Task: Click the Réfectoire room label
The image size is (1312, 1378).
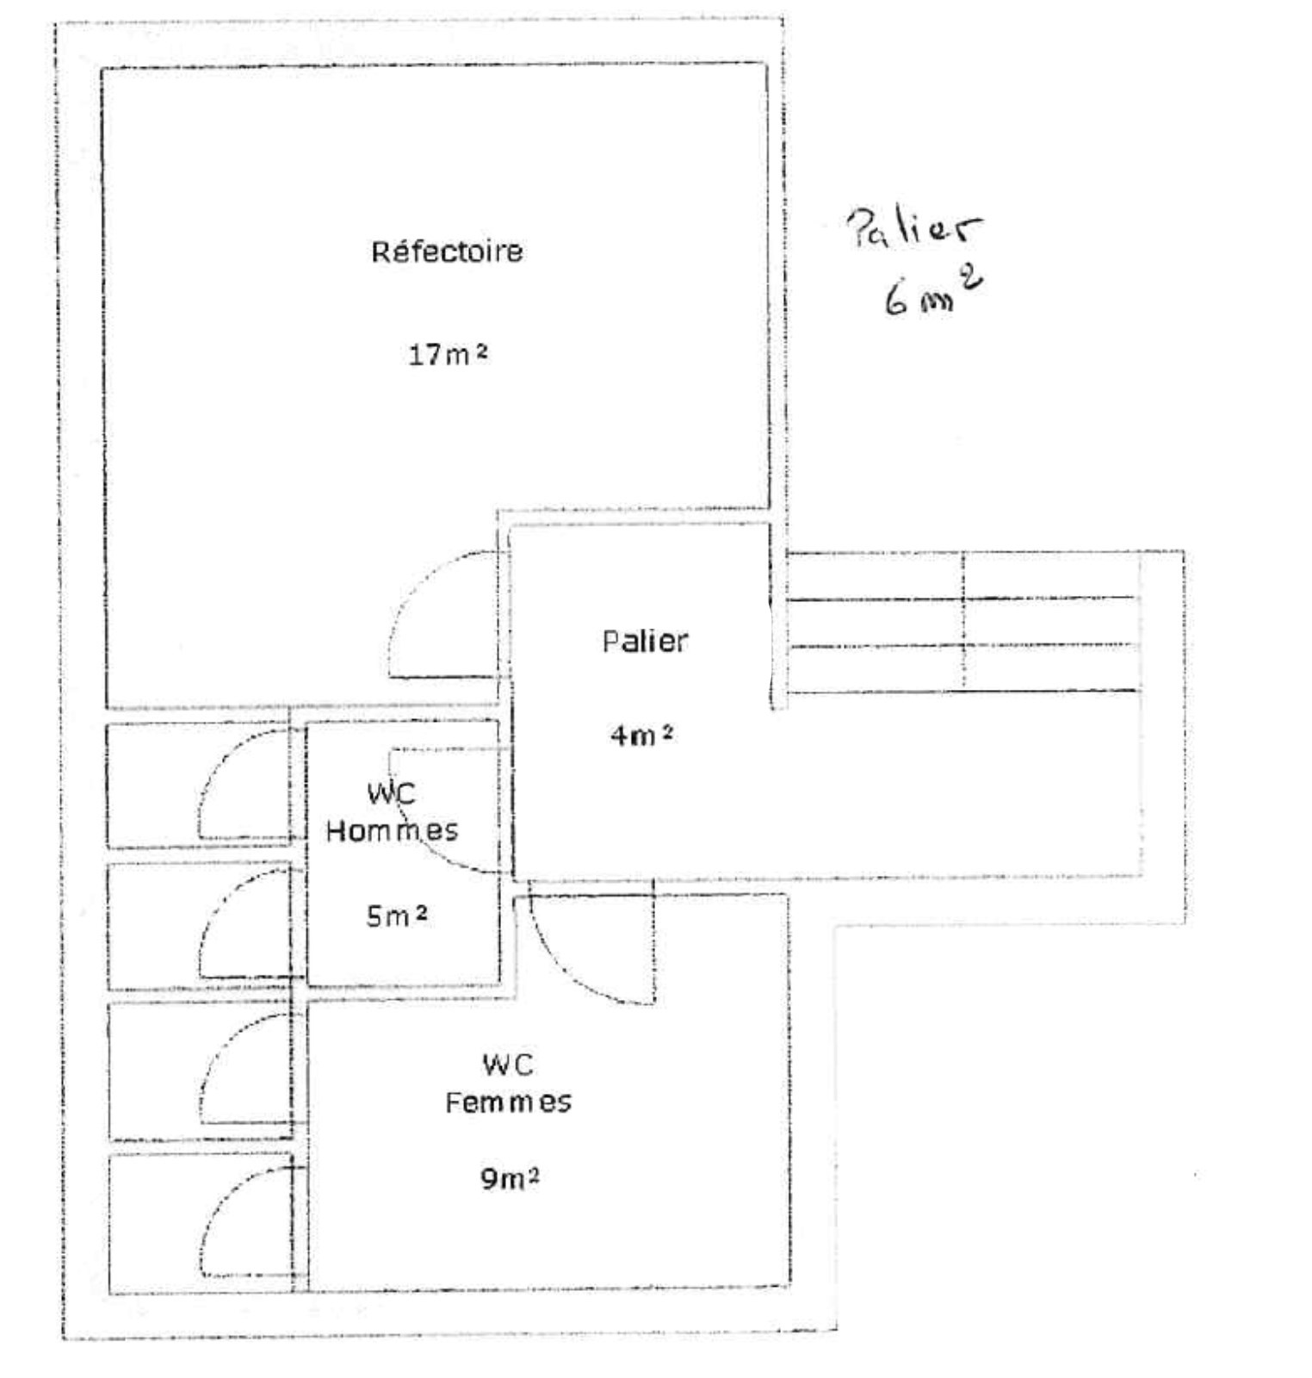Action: (x=447, y=251)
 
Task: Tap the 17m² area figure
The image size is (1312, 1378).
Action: (x=448, y=354)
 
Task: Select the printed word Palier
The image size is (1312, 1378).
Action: (x=645, y=642)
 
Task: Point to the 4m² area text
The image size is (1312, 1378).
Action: (x=641, y=736)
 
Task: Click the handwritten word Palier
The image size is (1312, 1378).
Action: (x=914, y=227)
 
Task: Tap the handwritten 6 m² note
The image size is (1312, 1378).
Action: (x=933, y=293)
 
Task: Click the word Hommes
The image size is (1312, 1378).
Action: (x=392, y=831)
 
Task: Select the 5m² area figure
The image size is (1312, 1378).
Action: (x=397, y=916)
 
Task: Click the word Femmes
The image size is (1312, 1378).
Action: (x=508, y=1102)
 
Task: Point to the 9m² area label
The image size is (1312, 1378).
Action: (x=510, y=1177)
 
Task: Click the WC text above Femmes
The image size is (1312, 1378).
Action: (x=508, y=1065)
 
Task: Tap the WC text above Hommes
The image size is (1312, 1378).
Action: (x=392, y=793)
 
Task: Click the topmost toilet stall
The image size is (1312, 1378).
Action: (x=198, y=785)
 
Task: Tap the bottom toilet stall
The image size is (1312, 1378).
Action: (x=201, y=1224)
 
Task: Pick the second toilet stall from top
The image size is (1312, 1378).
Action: (x=199, y=926)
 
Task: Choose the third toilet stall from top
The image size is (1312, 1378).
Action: (x=200, y=1071)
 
